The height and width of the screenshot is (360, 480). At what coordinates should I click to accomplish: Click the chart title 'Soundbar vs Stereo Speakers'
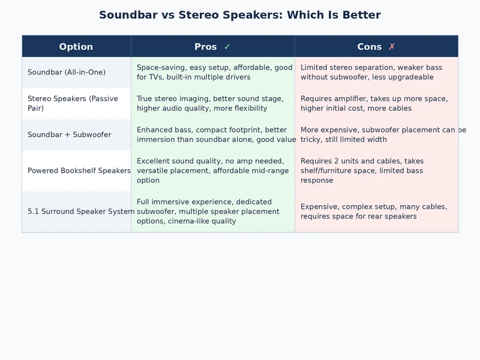239,15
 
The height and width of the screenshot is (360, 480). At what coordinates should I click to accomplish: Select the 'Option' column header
76,47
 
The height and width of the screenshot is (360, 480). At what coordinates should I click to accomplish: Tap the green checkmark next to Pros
227,47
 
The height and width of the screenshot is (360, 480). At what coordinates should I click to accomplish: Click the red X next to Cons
392,47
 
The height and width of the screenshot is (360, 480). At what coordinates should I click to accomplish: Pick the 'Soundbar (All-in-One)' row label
67,73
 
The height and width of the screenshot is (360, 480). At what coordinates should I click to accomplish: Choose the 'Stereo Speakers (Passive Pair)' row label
73,103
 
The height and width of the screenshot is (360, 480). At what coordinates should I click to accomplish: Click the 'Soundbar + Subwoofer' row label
69,135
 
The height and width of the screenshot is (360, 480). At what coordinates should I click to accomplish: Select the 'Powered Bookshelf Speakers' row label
79,171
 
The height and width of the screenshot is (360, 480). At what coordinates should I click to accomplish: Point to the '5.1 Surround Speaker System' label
81,212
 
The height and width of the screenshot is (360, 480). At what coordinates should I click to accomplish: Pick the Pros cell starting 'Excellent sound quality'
213,171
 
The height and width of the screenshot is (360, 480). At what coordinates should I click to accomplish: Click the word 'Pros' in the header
206,47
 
